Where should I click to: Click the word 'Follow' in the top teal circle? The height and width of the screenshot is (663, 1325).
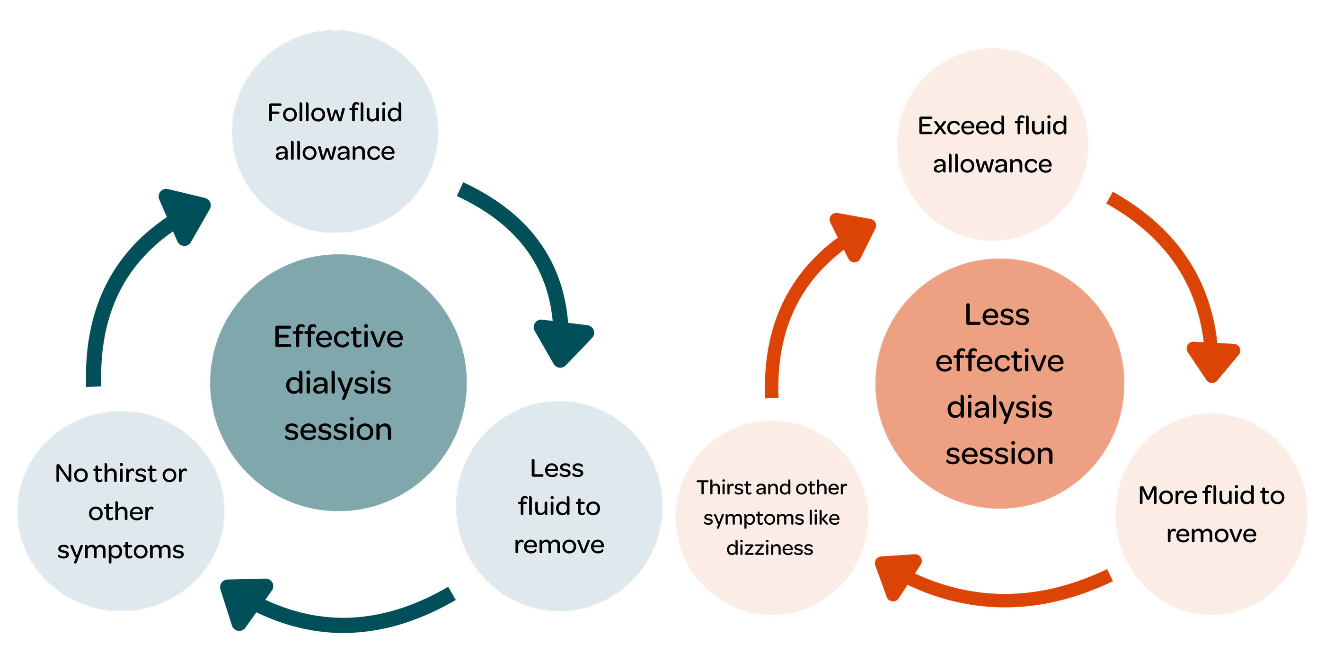(x=306, y=113)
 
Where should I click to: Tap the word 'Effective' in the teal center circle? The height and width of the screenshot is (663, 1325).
(x=338, y=337)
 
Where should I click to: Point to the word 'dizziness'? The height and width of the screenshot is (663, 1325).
(x=769, y=549)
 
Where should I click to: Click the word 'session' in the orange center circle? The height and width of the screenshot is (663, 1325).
(x=999, y=454)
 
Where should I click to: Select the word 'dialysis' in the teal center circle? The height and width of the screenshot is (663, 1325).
(x=338, y=384)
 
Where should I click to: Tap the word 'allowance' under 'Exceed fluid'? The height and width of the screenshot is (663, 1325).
(x=992, y=165)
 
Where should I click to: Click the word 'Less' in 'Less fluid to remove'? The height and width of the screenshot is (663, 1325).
(x=557, y=469)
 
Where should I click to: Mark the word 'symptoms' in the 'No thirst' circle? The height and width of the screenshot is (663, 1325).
(x=120, y=551)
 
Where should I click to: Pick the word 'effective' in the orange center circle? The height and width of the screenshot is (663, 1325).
(x=999, y=361)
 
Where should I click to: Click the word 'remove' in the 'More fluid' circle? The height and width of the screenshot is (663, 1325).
(x=1211, y=534)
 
